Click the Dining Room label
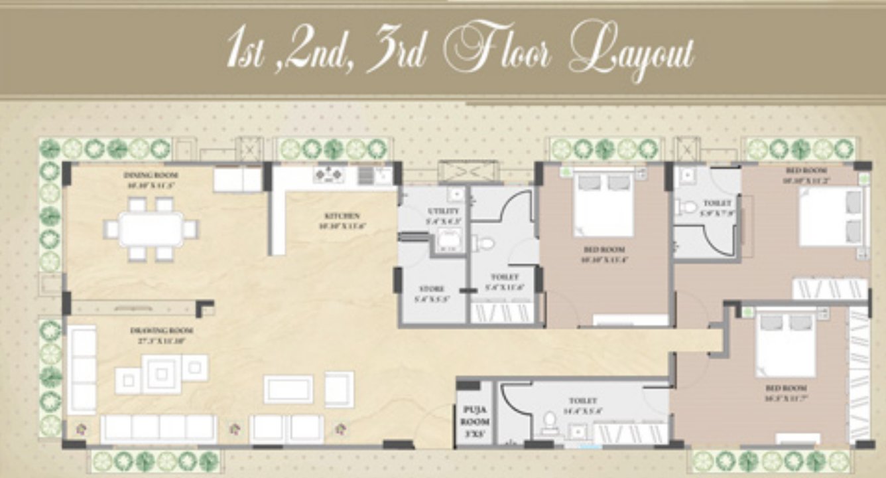(151, 175)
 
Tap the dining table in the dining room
(151, 229)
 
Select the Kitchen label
(342, 216)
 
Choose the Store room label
(431, 289)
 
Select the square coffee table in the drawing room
(162, 374)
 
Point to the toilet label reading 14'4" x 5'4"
(583, 401)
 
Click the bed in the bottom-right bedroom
(786, 342)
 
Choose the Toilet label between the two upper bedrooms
(717, 203)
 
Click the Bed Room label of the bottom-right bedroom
(786, 388)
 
